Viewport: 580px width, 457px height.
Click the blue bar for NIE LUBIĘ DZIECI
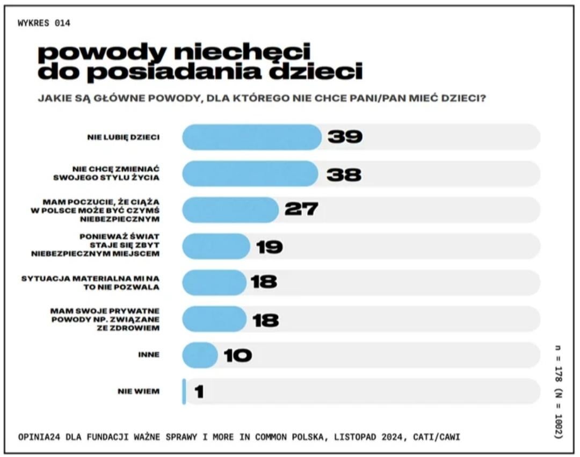251,137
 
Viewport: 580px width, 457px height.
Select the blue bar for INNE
199,355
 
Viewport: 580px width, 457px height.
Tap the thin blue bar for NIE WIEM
184,391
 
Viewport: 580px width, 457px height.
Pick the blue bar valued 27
230,209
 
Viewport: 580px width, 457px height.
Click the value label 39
345,137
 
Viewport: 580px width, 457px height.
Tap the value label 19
269,246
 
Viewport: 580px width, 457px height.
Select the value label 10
238,355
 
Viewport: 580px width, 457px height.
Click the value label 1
199,391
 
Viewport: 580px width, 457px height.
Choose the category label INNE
148,355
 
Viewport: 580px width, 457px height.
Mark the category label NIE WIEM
139,391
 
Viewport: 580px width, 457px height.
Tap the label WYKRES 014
44,23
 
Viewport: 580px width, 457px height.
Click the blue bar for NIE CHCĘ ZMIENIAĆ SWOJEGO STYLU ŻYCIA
250,173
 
